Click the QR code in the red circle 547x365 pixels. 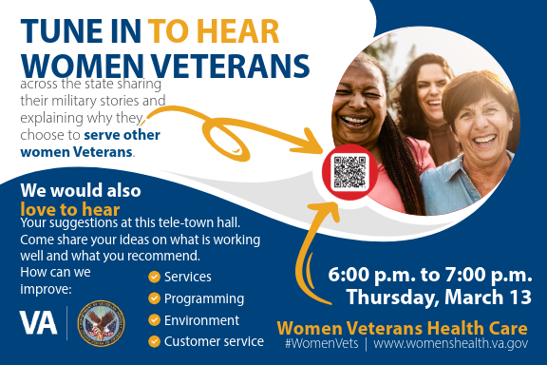349,171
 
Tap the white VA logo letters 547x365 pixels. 38,321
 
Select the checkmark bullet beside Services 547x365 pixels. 154,277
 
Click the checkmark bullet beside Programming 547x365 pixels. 154,298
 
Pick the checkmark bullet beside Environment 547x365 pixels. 154,320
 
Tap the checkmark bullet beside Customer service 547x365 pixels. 154,341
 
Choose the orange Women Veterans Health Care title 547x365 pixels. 403,326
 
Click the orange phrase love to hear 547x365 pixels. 70,208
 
